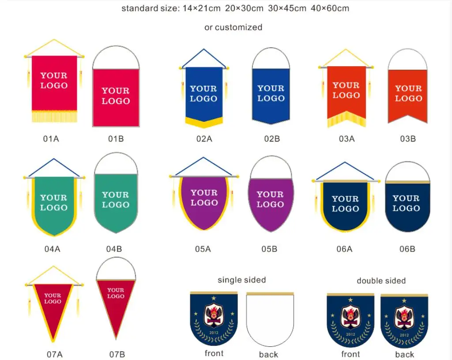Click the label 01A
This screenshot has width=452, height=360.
tap(51, 139)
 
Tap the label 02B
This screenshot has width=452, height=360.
tap(272, 139)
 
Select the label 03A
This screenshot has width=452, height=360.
tap(347, 139)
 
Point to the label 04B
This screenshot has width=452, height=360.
tap(114, 249)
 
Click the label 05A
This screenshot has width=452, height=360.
tap(203, 249)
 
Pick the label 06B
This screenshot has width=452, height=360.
tap(407, 249)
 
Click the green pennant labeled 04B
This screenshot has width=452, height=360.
tap(116, 201)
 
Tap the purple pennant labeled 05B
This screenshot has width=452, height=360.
tap(270, 201)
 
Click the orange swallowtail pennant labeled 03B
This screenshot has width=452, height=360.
tap(408, 95)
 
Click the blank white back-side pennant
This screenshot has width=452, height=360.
tap(270, 320)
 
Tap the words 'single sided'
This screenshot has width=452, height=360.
tap(242, 280)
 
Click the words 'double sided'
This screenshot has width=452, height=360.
tap(381, 281)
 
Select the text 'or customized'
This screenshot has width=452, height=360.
tap(233, 27)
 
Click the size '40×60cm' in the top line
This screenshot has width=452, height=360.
tap(330, 8)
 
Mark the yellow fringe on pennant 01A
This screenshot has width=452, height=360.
tap(54, 116)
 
